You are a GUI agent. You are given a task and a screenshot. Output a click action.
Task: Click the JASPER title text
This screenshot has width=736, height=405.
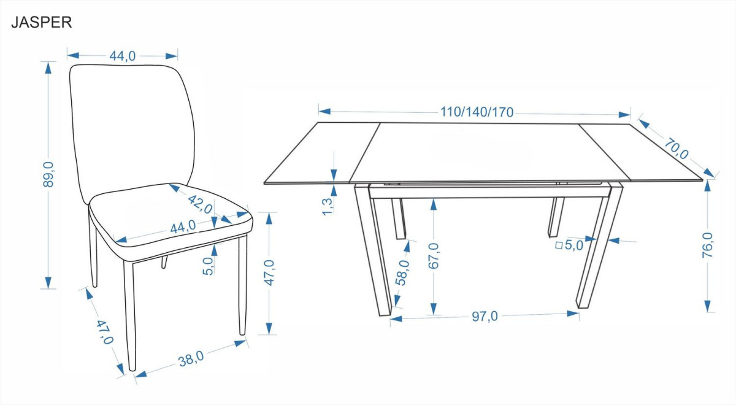[x=42, y=22]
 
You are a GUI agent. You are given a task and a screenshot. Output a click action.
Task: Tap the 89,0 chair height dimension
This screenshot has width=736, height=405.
[x=48, y=174]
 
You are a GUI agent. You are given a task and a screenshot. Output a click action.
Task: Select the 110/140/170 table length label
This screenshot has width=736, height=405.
[x=477, y=112]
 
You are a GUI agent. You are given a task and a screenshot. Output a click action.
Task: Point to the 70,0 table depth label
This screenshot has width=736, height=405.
[x=677, y=149]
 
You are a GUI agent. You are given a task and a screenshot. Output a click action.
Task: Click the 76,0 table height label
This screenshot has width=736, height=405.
[x=707, y=245]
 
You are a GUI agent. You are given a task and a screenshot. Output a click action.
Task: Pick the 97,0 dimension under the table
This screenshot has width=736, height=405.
[x=485, y=316]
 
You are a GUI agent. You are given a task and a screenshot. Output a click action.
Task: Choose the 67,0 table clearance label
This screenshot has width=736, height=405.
[x=434, y=256]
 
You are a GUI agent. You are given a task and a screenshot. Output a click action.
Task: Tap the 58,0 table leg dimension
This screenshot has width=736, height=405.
[x=403, y=272]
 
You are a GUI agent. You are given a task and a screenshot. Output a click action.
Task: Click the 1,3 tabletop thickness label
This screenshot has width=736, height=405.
[x=328, y=206]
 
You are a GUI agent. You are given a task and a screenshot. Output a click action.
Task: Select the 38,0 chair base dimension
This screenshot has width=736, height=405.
[x=191, y=358]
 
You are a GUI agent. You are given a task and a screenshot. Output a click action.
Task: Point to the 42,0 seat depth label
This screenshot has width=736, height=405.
[x=200, y=204]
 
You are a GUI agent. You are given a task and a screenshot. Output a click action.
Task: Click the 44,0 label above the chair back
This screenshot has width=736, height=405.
[x=122, y=56]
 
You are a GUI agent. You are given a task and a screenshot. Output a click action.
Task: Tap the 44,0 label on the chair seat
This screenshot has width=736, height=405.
[x=183, y=227]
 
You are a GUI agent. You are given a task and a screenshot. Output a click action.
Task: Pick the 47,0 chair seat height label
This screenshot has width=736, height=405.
[x=269, y=272]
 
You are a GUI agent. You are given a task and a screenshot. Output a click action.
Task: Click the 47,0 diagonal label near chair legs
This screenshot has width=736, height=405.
[x=105, y=332]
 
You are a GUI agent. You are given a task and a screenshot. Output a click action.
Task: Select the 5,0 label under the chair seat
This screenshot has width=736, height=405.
[x=208, y=266]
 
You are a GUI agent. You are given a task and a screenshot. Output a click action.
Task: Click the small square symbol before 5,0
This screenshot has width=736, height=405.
[x=559, y=245]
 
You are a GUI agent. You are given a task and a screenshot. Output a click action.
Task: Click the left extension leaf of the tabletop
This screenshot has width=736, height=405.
[x=322, y=153]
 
